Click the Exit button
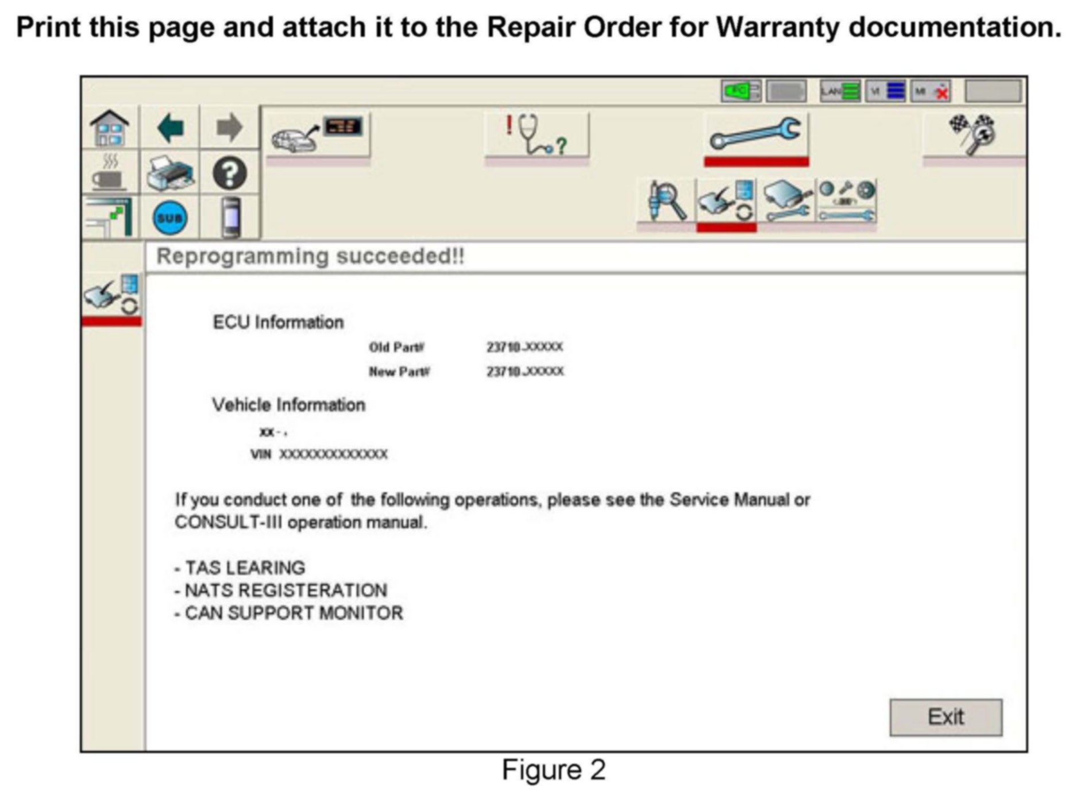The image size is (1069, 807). (945, 717)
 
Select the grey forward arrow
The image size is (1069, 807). (229, 128)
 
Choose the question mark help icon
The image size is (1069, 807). (230, 173)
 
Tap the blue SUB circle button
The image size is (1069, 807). (170, 218)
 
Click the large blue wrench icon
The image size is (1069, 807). (755, 134)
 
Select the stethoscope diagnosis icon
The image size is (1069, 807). (536, 134)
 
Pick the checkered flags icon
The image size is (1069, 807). (973, 134)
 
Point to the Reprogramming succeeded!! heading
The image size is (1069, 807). (310, 256)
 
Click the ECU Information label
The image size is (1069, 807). (278, 322)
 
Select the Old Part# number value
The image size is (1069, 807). (524, 347)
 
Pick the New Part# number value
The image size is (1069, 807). (524, 372)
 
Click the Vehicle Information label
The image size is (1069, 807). (288, 405)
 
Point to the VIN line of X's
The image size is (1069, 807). (333, 454)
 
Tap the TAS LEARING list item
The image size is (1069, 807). (244, 567)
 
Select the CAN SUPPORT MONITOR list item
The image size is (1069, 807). (293, 613)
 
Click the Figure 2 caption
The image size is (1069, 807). (553, 770)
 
